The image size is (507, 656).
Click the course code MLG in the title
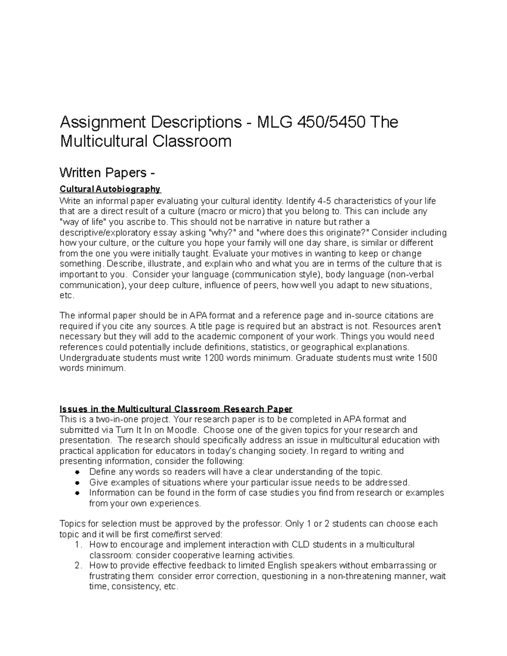(274, 122)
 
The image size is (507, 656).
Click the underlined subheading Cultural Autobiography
(110, 189)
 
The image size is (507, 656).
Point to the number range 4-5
(324, 201)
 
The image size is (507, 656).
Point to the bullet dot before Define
(77, 472)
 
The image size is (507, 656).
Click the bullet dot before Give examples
(77, 482)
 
